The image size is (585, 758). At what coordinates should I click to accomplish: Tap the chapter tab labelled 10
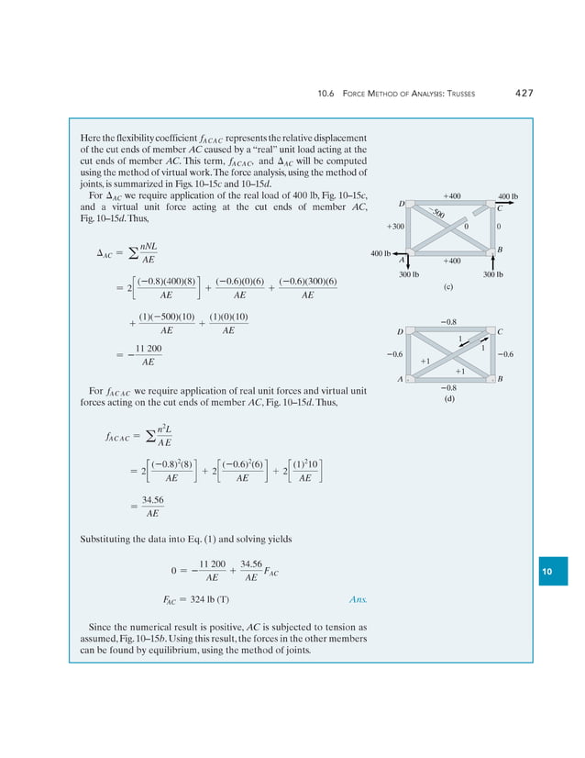click(552, 571)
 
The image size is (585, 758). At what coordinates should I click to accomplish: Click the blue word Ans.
click(358, 600)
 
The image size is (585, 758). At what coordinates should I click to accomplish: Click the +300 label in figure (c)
click(396, 226)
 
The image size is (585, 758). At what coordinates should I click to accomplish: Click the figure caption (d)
click(450, 398)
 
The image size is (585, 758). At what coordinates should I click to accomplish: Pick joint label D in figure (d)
click(400, 330)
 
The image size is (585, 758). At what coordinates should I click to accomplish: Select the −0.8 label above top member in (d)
click(449, 321)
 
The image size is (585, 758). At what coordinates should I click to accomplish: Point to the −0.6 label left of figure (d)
click(394, 353)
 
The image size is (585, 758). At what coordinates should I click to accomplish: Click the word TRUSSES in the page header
click(469, 94)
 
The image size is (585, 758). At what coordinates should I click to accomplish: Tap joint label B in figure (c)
click(499, 250)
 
